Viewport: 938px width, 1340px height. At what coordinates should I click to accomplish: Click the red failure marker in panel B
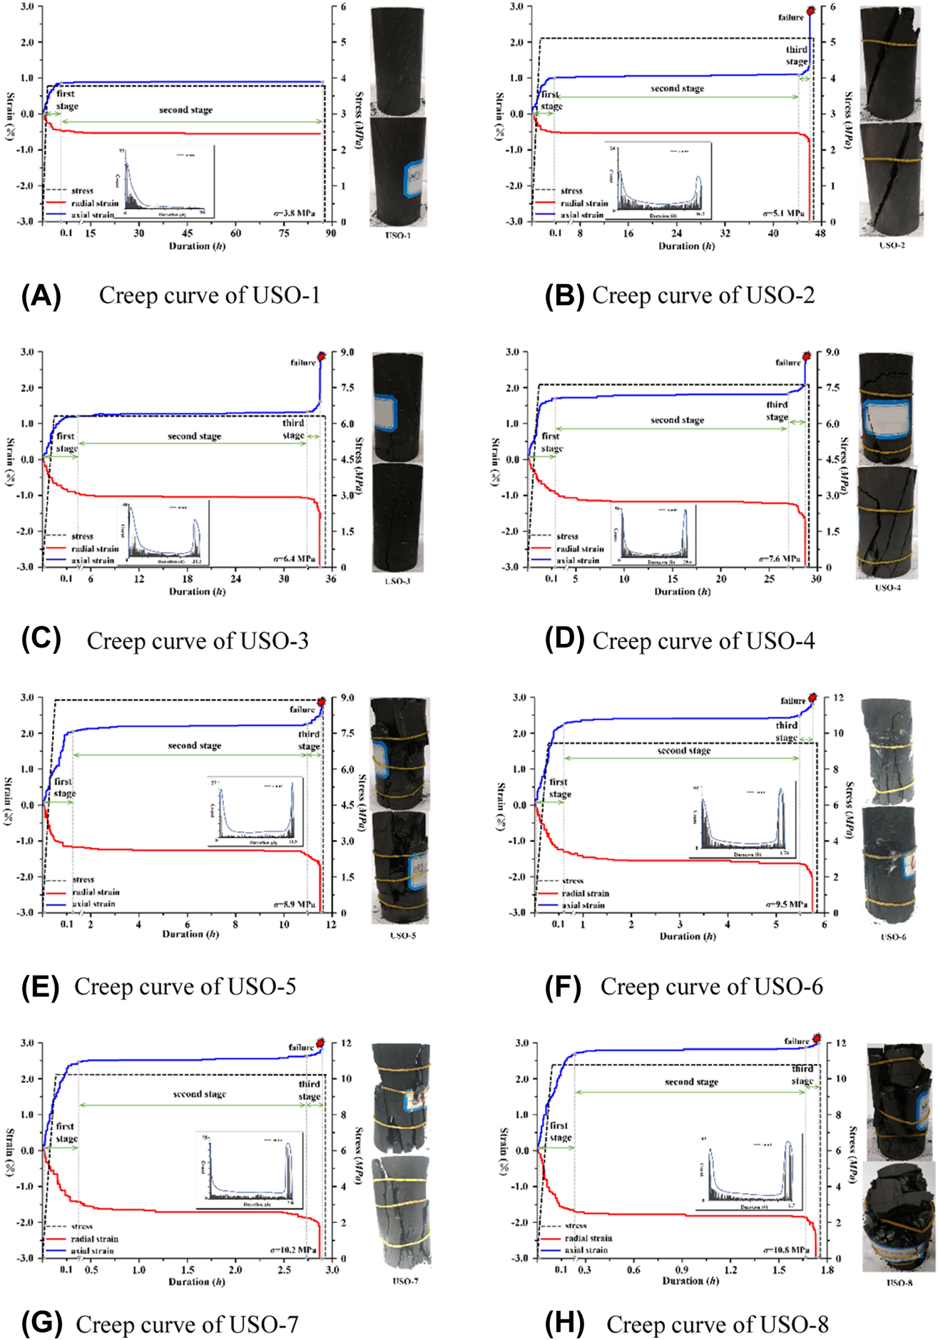811,11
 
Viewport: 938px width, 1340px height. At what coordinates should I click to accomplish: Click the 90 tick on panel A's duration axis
331,233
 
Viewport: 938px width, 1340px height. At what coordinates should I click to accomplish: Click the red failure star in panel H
817,1038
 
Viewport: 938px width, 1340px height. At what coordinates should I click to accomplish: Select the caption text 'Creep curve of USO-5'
185,986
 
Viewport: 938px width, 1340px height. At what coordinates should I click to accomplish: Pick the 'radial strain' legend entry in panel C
95,548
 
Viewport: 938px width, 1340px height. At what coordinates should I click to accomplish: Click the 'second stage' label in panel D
677,420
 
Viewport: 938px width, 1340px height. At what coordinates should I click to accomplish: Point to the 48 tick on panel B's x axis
820,233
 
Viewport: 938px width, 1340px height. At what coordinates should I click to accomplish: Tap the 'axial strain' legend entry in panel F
583,905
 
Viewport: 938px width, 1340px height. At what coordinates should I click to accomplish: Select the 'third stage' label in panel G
309,1090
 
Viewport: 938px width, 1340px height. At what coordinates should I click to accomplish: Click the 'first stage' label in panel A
67,100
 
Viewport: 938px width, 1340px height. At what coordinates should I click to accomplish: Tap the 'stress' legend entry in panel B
571,190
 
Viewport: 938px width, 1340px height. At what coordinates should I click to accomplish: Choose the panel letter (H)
564,1324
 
